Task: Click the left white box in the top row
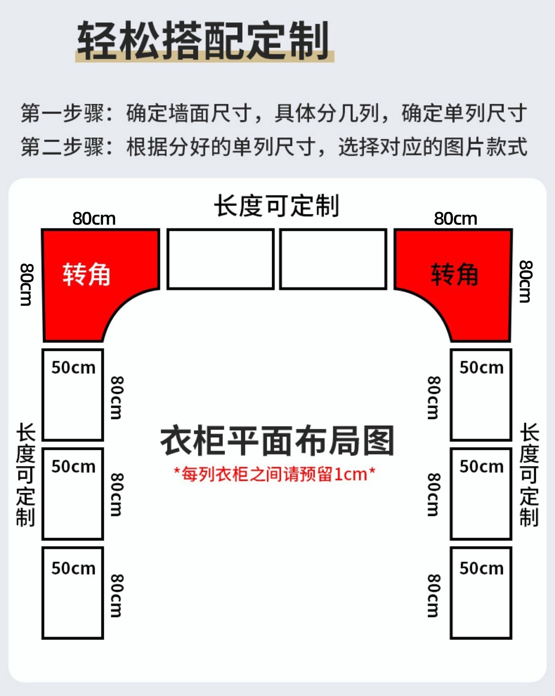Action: [x=220, y=259]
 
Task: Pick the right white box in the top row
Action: [x=333, y=259]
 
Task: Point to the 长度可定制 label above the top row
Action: [x=277, y=206]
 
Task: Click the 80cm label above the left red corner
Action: [x=94, y=218]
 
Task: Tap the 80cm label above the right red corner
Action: [x=456, y=218]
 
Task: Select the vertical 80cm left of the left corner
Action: [x=26, y=285]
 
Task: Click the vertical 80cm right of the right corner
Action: [x=525, y=282]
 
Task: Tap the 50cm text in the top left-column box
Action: [x=73, y=368]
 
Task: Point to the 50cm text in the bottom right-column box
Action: [x=482, y=568]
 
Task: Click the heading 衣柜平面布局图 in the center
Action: [x=277, y=441]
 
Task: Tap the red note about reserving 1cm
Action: [x=275, y=474]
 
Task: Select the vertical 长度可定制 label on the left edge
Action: [x=26, y=474]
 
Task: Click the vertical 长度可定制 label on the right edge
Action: [x=529, y=474]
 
